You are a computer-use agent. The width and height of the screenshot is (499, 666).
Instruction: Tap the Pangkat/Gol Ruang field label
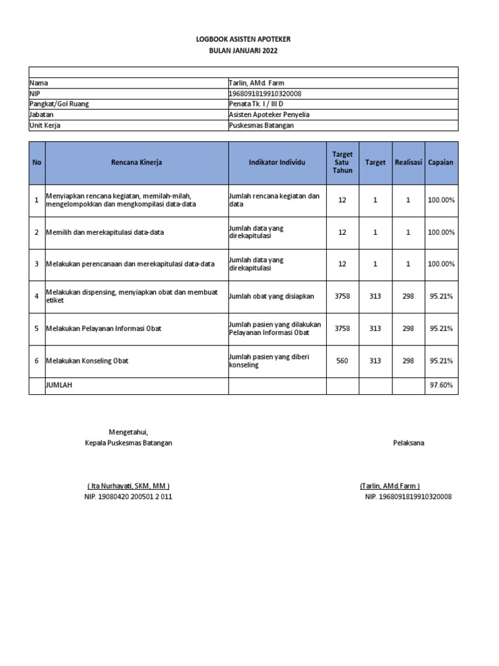pyautogui.click(x=59, y=104)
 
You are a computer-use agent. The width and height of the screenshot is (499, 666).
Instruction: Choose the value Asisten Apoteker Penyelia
pyautogui.click(x=270, y=114)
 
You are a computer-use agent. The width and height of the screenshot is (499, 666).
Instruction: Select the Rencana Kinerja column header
pyautogui.click(x=136, y=163)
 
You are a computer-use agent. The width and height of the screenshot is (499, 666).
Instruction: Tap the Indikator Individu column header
pyautogui.click(x=277, y=163)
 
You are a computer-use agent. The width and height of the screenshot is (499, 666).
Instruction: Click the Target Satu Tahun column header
pyautogui.click(x=342, y=163)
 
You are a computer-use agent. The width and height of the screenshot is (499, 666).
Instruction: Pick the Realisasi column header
pyautogui.click(x=408, y=163)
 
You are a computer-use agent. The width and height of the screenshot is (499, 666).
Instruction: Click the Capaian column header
pyautogui.click(x=441, y=163)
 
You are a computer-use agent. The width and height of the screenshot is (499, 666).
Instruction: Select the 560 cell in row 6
pyautogui.click(x=342, y=360)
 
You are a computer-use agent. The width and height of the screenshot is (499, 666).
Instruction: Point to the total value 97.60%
pyautogui.click(x=441, y=386)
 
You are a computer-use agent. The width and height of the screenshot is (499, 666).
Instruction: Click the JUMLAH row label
pyautogui.click(x=59, y=386)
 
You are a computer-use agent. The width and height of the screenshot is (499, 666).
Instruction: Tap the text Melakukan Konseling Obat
pyautogui.click(x=94, y=360)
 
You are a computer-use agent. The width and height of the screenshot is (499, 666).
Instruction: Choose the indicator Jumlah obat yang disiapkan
pyautogui.click(x=272, y=296)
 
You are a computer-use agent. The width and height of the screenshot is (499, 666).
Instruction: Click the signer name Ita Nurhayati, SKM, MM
pyautogui.click(x=129, y=486)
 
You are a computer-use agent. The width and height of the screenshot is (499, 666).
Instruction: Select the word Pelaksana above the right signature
pyautogui.click(x=408, y=443)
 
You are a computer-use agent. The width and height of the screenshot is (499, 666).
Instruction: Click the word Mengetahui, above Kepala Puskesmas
pyautogui.click(x=129, y=432)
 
